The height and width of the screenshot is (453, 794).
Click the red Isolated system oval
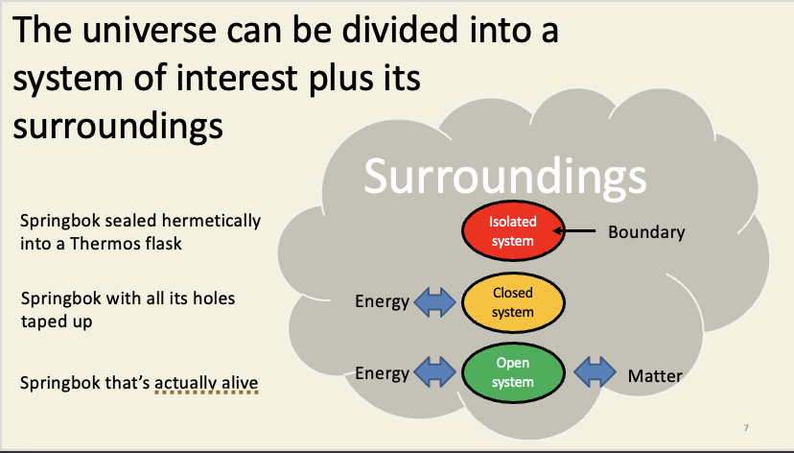click(512, 231)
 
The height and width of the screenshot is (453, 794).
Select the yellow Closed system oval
click(512, 302)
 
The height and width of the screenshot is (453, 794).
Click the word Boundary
click(646, 232)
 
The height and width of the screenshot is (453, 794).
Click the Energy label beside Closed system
click(383, 302)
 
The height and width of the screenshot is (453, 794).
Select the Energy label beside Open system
click(383, 372)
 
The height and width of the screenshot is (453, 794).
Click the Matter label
click(655, 375)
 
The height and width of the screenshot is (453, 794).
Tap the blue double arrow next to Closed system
click(436, 302)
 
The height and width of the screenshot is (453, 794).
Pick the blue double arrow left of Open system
click(436, 372)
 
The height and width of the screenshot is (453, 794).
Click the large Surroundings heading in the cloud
click(504, 177)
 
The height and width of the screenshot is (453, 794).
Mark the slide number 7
click(746, 426)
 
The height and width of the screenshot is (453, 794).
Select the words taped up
click(57, 322)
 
